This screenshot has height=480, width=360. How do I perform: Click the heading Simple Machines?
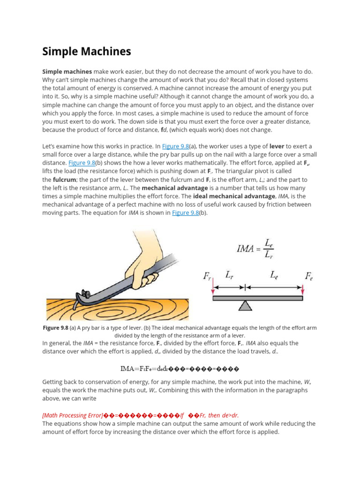(x=87, y=51)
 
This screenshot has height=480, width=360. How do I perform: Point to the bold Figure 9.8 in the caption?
(x=55, y=327)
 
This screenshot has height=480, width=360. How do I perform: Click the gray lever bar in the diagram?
(x=257, y=298)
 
